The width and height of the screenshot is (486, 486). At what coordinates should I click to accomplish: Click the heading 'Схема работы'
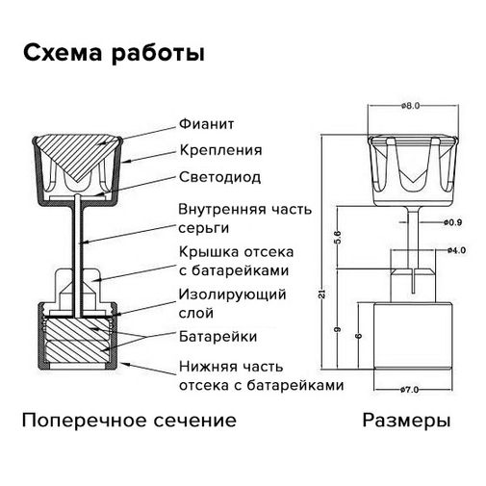114,53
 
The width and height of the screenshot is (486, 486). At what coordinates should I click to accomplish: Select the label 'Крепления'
220,150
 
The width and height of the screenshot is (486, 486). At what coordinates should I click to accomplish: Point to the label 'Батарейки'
217,337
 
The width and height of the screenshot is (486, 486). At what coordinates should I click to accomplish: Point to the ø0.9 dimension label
453,222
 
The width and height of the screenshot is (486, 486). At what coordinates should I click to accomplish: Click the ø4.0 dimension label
456,250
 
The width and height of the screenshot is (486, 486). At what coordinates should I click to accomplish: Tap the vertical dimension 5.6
337,237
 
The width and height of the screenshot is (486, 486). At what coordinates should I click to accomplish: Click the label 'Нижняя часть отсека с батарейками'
260,375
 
